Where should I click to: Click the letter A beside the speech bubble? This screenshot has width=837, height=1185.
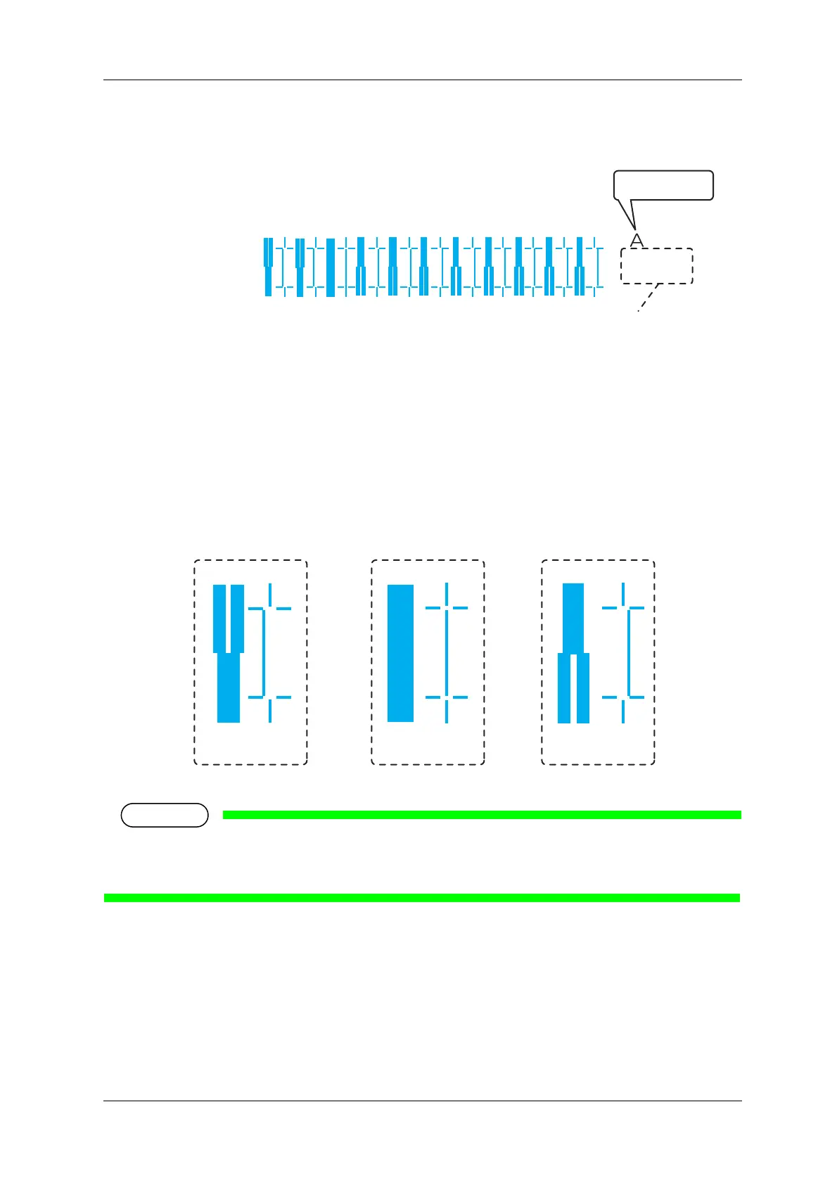coord(637,240)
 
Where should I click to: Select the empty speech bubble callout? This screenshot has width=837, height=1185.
coord(664,185)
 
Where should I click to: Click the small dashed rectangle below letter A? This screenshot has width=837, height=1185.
coord(657,266)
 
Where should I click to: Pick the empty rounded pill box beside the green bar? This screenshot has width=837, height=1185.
coord(165,815)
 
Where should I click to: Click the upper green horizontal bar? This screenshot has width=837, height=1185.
coord(482,815)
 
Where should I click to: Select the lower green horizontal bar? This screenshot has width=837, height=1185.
coord(422,897)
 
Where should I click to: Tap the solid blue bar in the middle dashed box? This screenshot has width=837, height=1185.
coord(400,653)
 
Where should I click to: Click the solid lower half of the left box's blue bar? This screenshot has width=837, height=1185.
coord(229,687)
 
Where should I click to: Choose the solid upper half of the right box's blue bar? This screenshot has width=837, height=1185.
coord(573,618)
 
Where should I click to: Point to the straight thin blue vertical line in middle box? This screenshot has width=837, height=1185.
coord(447,652)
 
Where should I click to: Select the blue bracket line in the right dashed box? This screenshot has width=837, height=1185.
coord(629,652)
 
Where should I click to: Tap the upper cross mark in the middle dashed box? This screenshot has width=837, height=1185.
coord(447,607)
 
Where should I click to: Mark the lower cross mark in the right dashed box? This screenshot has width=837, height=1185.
coord(623,697)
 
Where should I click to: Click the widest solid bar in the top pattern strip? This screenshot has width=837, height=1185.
coord(331,267)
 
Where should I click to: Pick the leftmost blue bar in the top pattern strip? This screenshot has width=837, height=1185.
coord(268,267)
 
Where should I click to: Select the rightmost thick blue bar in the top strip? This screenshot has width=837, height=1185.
coord(580,267)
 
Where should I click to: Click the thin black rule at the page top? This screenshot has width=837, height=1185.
coord(422,80)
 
